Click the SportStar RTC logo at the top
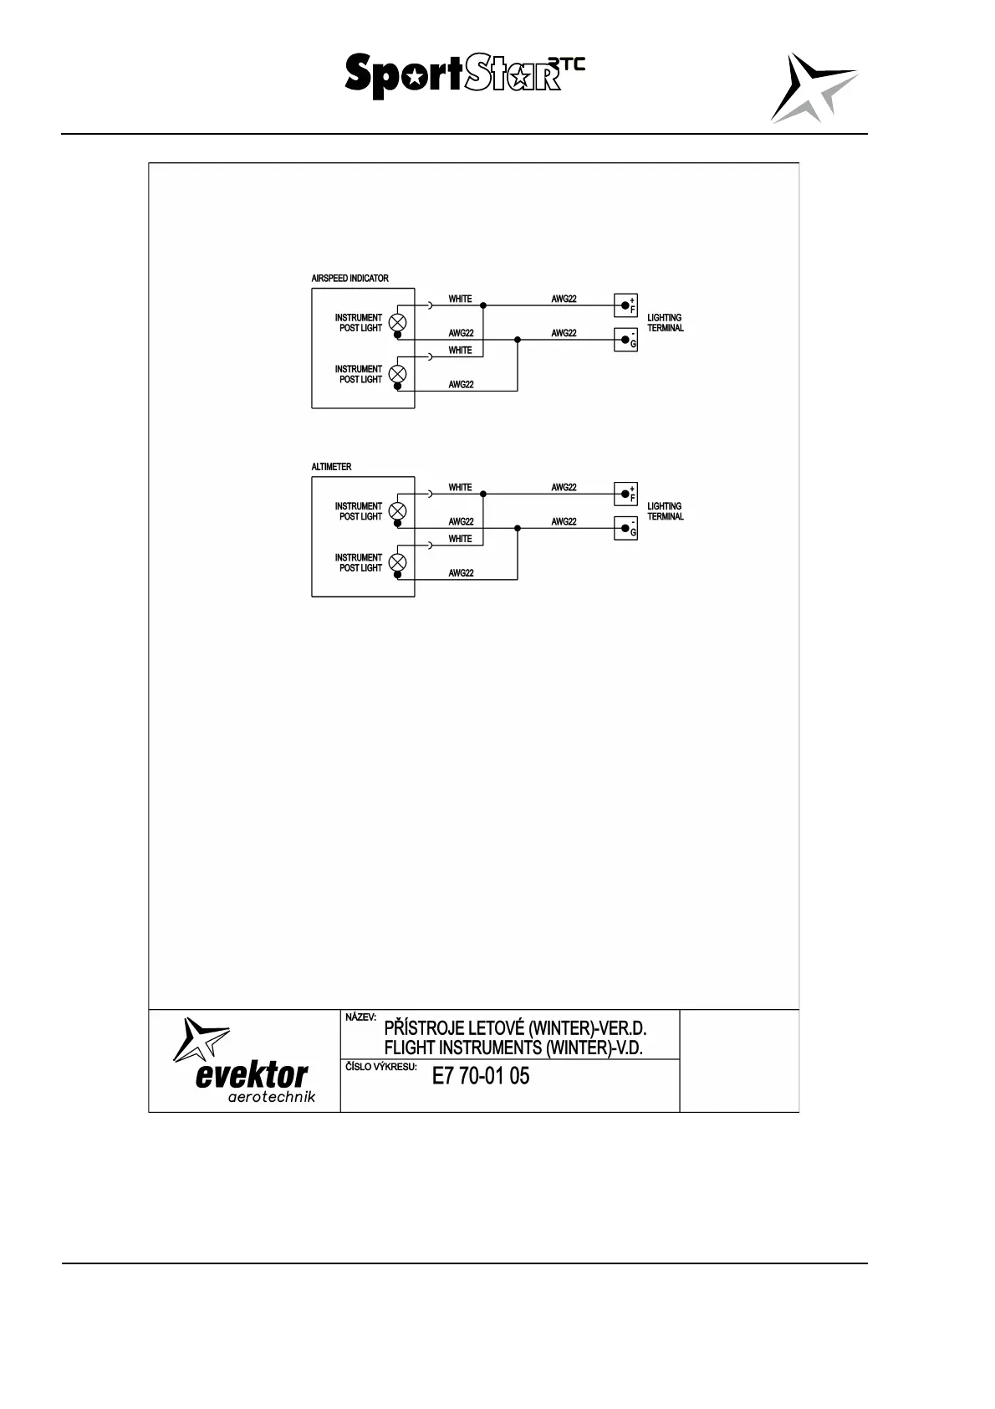(464, 75)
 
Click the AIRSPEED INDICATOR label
(350, 279)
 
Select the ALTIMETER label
(331, 467)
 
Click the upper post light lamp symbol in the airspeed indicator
(398, 322)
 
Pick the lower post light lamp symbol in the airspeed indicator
(398, 373)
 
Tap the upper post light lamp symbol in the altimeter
(398, 510)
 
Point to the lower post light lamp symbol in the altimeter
(398, 561)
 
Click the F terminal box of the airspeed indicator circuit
(625, 305)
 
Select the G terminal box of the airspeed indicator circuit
(625, 340)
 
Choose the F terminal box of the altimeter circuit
(625, 494)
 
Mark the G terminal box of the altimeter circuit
(625, 528)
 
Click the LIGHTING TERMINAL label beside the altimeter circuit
(666, 511)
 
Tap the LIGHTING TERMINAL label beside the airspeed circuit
(666, 323)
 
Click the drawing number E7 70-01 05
(481, 1076)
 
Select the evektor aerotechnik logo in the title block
(245, 1061)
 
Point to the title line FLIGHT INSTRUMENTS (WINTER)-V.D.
(513, 1048)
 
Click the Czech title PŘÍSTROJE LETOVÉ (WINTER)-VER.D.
(515, 1028)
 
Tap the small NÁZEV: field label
(361, 1017)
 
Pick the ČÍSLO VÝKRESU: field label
(380, 1067)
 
